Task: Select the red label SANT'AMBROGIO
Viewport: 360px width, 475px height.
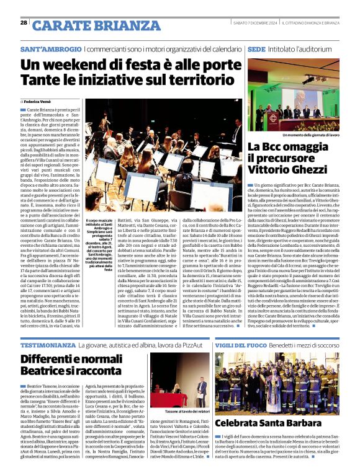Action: coord(50,48)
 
